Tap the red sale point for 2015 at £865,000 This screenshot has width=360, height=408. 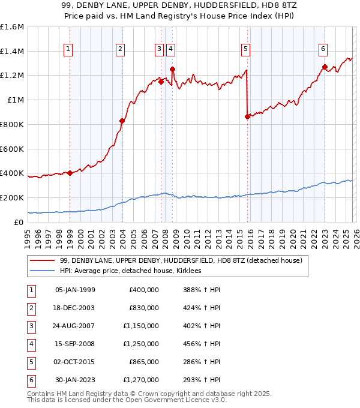coord(247,117)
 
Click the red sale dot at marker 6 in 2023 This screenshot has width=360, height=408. coord(325,67)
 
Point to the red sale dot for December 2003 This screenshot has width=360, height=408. coord(122,121)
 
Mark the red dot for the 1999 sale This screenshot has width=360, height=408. coord(70,173)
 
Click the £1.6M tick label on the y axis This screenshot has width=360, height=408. coord(12,27)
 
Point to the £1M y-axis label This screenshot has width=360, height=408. coord(15,100)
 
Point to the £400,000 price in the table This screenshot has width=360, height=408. coord(144,290)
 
